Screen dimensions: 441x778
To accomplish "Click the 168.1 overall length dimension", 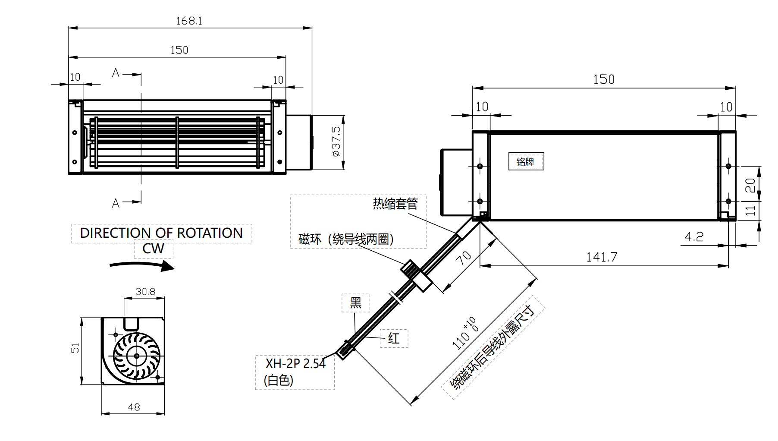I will (189, 21).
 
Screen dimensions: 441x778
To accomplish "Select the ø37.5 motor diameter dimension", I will (336, 141).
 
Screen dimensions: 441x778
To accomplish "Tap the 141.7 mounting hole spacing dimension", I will (602, 257).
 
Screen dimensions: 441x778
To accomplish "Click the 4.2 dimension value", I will (694, 236).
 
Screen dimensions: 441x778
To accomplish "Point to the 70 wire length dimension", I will (464, 258).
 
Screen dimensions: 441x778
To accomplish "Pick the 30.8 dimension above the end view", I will (145, 292).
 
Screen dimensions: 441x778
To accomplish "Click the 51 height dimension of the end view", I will (75, 348).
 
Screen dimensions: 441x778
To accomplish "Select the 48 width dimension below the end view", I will (134, 407).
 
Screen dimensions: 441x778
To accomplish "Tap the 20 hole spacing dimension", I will (750, 185).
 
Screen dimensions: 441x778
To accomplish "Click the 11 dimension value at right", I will (750, 211).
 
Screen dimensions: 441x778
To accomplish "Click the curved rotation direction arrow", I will (142, 265).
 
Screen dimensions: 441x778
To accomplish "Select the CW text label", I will (153, 249).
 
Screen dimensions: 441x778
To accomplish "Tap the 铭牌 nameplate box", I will (526, 161).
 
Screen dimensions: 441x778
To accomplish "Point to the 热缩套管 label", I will (395, 203).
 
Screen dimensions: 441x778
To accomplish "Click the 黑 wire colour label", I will (356, 302).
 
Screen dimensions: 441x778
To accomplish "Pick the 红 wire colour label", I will (393, 338).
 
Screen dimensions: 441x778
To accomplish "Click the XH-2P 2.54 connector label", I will (295, 364).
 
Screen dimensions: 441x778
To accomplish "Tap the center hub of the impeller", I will (137, 356).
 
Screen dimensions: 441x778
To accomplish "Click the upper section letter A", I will (116, 73).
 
